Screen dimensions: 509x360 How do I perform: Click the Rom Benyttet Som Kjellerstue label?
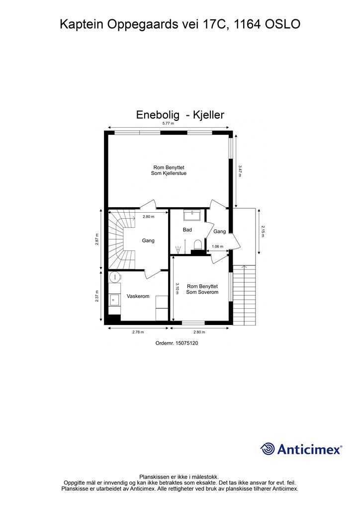pyautogui.click(x=169, y=170)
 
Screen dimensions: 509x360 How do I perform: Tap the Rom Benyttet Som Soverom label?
pyautogui.click(x=202, y=289)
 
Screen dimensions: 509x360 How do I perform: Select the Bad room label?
pyautogui.click(x=187, y=230)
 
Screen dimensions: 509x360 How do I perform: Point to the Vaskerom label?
pyautogui.click(x=138, y=296)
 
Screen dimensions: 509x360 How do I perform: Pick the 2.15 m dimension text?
pyautogui.click(x=263, y=232)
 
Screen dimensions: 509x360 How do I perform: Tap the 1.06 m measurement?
pyautogui.click(x=217, y=247)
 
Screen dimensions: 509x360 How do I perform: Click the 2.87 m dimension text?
pyautogui.click(x=97, y=240)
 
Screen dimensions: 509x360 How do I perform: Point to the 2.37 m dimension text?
pyautogui.click(x=97, y=296)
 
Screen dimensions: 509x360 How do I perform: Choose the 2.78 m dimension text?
pyautogui.click(x=138, y=332)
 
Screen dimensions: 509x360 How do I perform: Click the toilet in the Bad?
pyautogui.click(x=197, y=244)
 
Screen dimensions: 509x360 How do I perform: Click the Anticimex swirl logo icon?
pyautogui.click(x=268, y=449)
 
